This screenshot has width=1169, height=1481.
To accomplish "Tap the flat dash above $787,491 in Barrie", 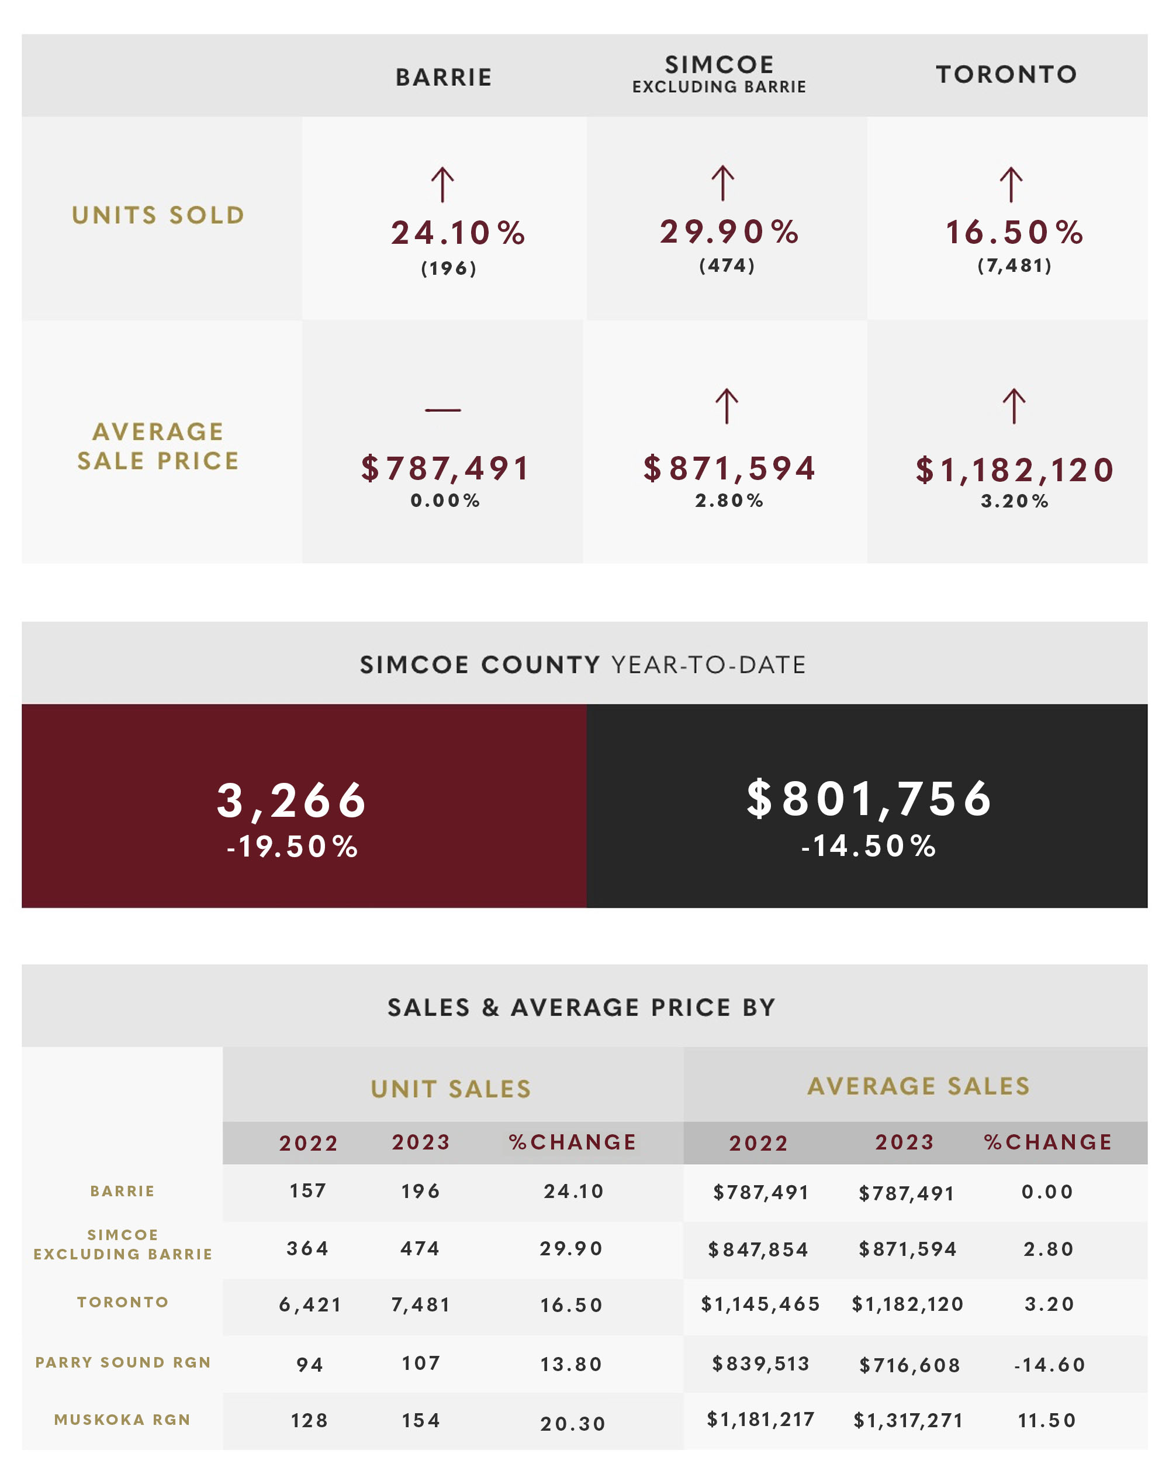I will [443, 410].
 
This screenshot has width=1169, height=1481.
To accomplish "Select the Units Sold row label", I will [158, 215].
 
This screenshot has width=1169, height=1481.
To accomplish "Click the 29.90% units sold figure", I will [729, 232].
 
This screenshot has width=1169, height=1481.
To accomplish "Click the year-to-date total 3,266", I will [292, 800].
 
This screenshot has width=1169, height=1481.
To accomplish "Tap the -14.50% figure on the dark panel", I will [869, 846].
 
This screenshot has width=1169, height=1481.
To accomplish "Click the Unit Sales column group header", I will [451, 1089].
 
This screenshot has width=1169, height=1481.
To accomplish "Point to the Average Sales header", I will [918, 1086].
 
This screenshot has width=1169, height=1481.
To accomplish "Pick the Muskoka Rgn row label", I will [123, 1420].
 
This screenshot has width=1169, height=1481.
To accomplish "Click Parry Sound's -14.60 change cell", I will [1050, 1365].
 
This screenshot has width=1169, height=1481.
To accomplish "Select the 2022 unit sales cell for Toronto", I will [310, 1305].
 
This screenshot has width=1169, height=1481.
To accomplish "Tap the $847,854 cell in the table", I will [758, 1250].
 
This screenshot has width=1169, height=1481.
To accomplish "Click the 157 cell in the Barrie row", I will [308, 1192].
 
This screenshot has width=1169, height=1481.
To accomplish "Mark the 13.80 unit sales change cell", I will [572, 1365].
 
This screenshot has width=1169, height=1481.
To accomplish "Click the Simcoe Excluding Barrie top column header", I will [720, 74].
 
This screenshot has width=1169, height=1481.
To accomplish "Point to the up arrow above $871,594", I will [726, 407].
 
